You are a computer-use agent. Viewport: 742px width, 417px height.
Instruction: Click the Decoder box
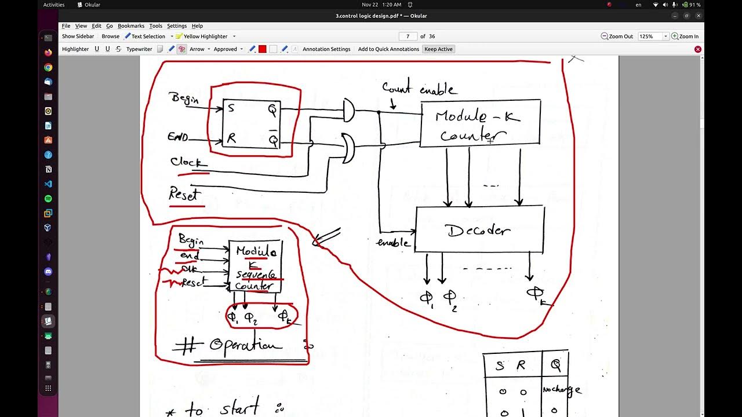(x=479, y=230)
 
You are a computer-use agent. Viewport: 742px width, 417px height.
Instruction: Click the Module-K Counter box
(x=480, y=123)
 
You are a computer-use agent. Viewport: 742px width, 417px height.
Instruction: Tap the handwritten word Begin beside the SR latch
(x=184, y=98)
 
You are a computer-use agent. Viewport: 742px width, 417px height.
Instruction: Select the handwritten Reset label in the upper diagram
(x=184, y=195)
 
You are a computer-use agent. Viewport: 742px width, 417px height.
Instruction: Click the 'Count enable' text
(x=419, y=89)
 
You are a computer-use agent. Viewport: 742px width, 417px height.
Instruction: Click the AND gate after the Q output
(x=348, y=110)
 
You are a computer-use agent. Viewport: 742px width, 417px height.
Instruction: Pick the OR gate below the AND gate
(x=348, y=149)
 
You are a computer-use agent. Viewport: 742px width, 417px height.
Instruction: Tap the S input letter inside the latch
(x=231, y=108)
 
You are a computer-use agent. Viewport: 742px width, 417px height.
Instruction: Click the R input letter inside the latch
(x=232, y=138)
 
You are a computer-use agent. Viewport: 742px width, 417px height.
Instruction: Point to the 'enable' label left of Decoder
(x=393, y=243)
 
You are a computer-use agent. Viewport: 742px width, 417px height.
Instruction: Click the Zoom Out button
(x=617, y=36)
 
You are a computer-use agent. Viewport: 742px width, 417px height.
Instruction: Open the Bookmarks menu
(x=131, y=26)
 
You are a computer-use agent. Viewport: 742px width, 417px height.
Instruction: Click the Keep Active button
(x=438, y=49)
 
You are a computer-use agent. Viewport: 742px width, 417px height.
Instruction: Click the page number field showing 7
(x=408, y=36)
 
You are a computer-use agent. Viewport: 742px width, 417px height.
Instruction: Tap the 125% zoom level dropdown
(x=653, y=36)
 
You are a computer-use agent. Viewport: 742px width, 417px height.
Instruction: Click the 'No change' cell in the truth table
(x=561, y=390)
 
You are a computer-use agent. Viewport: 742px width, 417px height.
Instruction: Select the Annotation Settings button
(x=326, y=49)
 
